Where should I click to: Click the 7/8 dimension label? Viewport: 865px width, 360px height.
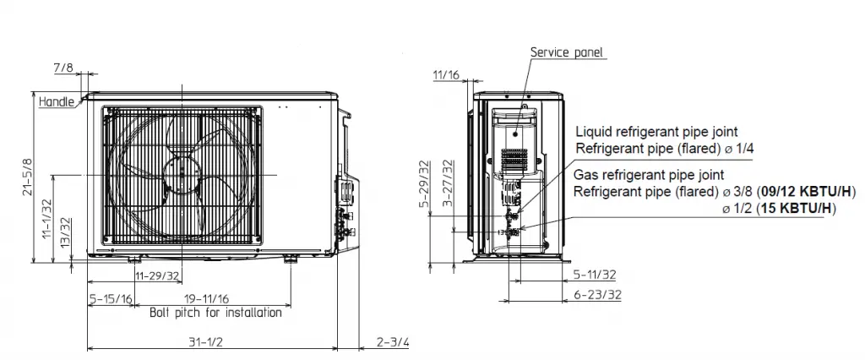(x=63, y=68)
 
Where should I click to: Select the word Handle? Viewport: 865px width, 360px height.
(x=57, y=101)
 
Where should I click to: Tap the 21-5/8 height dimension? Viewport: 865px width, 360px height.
(x=26, y=177)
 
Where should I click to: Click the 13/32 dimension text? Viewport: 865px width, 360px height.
(x=65, y=232)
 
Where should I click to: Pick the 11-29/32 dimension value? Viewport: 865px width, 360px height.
(x=157, y=275)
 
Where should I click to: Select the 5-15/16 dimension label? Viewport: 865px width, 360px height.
(x=111, y=298)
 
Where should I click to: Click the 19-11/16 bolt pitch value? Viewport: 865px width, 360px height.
(x=207, y=298)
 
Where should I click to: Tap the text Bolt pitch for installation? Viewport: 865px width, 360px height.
(x=215, y=313)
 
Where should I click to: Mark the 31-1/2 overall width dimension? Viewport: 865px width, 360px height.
(x=206, y=341)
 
